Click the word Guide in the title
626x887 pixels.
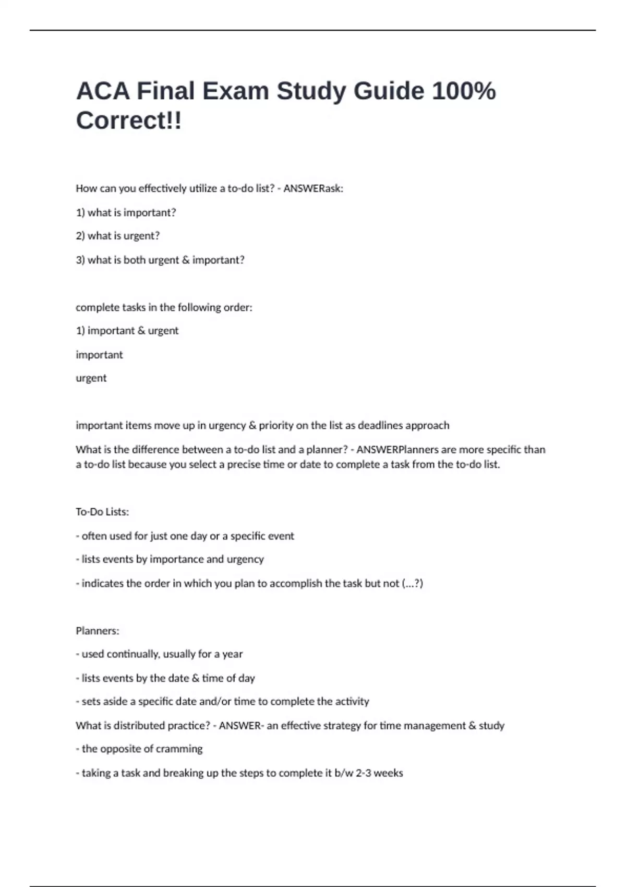pyautogui.click(x=389, y=91)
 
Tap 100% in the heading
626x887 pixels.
pyautogui.click(x=464, y=91)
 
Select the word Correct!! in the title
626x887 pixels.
pyautogui.click(x=129, y=121)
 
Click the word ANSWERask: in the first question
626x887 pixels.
pyautogui.click(x=313, y=188)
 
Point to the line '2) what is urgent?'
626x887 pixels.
pyautogui.click(x=118, y=236)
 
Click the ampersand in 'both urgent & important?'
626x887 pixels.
pyautogui.click(x=186, y=260)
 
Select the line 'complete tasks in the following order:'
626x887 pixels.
pyautogui.click(x=164, y=307)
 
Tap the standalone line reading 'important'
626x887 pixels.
pyautogui.click(x=99, y=355)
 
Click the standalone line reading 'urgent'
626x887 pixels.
pyautogui.click(x=91, y=378)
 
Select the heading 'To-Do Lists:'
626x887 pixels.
pyautogui.click(x=102, y=512)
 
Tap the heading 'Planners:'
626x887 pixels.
pyautogui.click(x=98, y=631)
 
